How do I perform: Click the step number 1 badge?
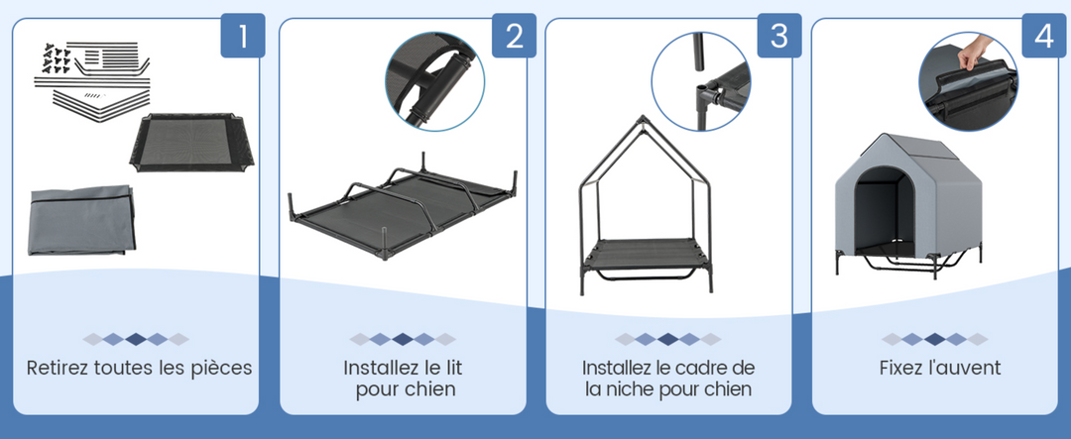[243, 37]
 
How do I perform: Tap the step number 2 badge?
[514, 37]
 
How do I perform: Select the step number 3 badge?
[779, 37]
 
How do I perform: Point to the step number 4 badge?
[1044, 37]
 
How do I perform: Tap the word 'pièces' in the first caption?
[222, 369]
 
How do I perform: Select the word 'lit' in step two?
[452, 369]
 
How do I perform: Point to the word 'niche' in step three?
[636, 389]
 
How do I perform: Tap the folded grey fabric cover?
[79, 218]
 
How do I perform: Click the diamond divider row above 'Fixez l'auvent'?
[935, 339]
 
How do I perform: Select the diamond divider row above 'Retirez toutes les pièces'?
[136, 339]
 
